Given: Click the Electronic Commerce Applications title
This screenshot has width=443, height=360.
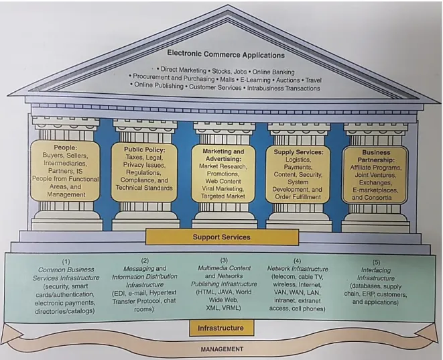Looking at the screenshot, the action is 226,54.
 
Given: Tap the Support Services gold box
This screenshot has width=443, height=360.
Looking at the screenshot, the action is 222,237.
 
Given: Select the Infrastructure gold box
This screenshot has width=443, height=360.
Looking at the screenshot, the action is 221,328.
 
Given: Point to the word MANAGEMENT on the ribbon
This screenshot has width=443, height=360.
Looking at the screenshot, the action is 222,349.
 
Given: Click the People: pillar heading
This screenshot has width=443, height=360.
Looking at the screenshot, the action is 66,147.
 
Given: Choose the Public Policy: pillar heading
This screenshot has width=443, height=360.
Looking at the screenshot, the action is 144,149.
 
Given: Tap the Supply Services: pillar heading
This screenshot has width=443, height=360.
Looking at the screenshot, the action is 298,152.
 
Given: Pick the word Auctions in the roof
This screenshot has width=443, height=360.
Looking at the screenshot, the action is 288,80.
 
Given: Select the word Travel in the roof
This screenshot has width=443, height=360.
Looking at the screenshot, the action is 314,80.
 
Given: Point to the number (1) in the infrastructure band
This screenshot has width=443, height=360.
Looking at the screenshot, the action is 66,261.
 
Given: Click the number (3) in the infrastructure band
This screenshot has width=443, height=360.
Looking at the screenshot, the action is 224,260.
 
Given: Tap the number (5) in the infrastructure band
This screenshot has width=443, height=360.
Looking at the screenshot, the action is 376,262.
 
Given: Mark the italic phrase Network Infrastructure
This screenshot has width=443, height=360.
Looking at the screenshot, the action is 298,268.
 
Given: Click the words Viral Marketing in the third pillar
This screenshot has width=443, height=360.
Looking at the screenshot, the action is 223,188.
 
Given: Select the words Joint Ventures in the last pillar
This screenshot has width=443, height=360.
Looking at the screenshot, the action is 375,175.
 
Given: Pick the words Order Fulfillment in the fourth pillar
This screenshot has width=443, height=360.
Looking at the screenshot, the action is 298,197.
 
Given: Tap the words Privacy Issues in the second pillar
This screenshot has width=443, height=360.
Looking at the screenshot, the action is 144,165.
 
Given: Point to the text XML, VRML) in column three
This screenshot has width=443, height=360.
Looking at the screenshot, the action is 223,308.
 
